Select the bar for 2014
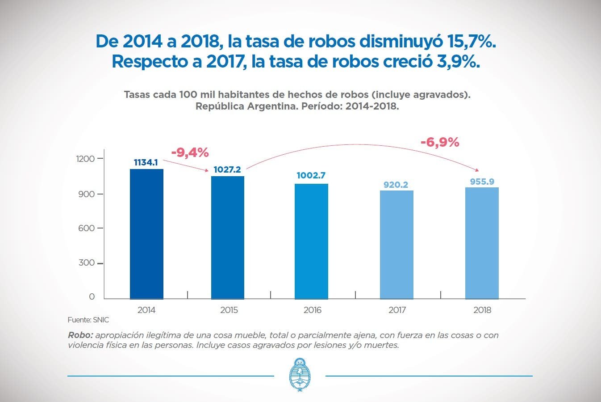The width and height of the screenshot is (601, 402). (x=146, y=234)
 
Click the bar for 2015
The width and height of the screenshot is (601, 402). (x=228, y=237)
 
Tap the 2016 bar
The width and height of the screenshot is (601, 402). (x=311, y=241)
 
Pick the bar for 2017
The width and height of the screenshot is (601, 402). (x=396, y=245)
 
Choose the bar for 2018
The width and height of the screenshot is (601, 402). (x=482, y=243)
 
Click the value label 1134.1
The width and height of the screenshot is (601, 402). (x=146, y=162)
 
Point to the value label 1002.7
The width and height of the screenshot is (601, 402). (x=311, y=175)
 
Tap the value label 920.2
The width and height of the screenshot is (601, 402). (x=396, y=185)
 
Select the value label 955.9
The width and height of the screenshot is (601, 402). (x=482, y=182)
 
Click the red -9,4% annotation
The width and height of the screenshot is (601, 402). (x=190, y=153)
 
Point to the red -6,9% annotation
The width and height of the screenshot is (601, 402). (x=440, y=142)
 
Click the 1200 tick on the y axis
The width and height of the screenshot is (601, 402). (x=85, y=159)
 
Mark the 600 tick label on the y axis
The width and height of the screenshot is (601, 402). (x=86, y=228)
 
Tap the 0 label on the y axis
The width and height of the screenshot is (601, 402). (x=92, y=296)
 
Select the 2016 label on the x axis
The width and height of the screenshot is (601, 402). (x=312, y=310)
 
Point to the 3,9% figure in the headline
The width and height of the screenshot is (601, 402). (x=458, y=62)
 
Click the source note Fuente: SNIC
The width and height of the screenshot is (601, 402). (x=88, y=320)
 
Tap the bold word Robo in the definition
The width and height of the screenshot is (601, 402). (x=80, y=335)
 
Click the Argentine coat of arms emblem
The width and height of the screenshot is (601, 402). (x=300, y=374)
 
